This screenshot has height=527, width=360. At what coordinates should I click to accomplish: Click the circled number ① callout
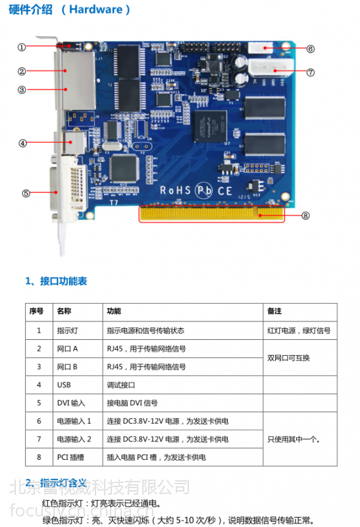(22, 47)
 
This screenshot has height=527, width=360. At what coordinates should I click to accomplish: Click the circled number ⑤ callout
(26, 193)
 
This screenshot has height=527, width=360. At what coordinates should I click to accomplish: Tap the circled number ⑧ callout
(305, 215)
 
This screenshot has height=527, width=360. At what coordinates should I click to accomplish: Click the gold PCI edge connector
(211, 214)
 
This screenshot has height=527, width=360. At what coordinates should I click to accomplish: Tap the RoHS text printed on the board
(174, 190)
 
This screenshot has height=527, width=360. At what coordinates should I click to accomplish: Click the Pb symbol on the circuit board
(205, 190)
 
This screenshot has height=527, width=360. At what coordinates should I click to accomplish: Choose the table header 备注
(274, 311)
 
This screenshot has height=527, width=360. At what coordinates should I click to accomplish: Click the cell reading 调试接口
(120, 385)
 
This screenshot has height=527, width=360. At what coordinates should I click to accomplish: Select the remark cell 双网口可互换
(288, 358)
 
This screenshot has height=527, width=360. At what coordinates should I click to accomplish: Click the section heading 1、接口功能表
(56, 281)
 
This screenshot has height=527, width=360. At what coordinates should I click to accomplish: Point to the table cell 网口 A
(67, 348)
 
